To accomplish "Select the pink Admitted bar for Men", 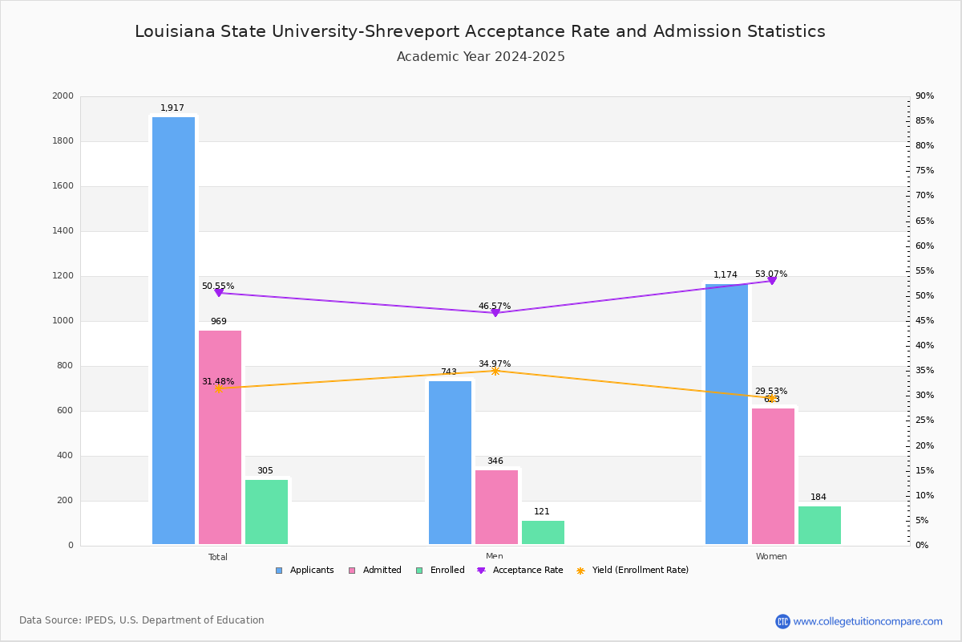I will click(x=496, y=507).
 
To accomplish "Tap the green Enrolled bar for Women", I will click(x=819, y=525).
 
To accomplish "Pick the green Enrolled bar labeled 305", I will click(x=266, y=512).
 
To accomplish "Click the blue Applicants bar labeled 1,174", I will click(x=726, y=414).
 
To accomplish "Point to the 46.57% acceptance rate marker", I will click(x=495, y=313).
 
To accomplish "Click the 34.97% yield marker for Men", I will click(x=495, y=371).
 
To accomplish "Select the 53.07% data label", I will click(x=770, y=274).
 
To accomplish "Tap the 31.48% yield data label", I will click(x=217, y=381).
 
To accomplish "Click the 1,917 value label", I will click(x=172, y=108).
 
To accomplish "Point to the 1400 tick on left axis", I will click(x=63, y=231).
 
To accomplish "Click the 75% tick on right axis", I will click(x=924, y=171).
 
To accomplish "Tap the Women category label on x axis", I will click(x=771, y=557).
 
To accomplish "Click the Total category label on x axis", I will click(x=218, y=557).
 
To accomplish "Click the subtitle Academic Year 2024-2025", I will click(x=480, y=57).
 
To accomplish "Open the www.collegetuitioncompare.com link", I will click(x=867, y=621).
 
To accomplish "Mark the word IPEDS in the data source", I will click(x=99, y=620).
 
